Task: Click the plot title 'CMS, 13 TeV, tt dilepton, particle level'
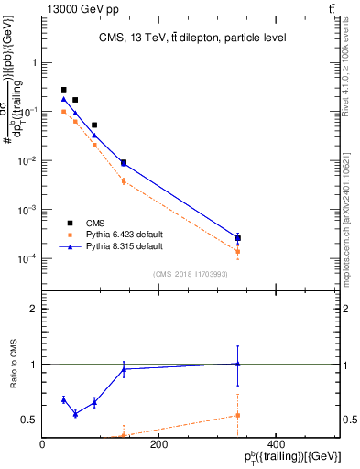[x=193, y=38]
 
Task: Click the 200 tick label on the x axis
[x=158, y=445]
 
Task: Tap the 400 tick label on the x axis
[x=275, y=445]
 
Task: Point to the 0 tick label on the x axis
[x=43, y=445]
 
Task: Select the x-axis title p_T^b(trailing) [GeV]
[x=289, y=458]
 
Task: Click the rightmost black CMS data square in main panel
[x=237, y=238]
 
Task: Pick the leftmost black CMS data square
[x=63, y=90]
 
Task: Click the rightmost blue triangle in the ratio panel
[x=237, y=364]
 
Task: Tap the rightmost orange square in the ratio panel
[x=237, y=415]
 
